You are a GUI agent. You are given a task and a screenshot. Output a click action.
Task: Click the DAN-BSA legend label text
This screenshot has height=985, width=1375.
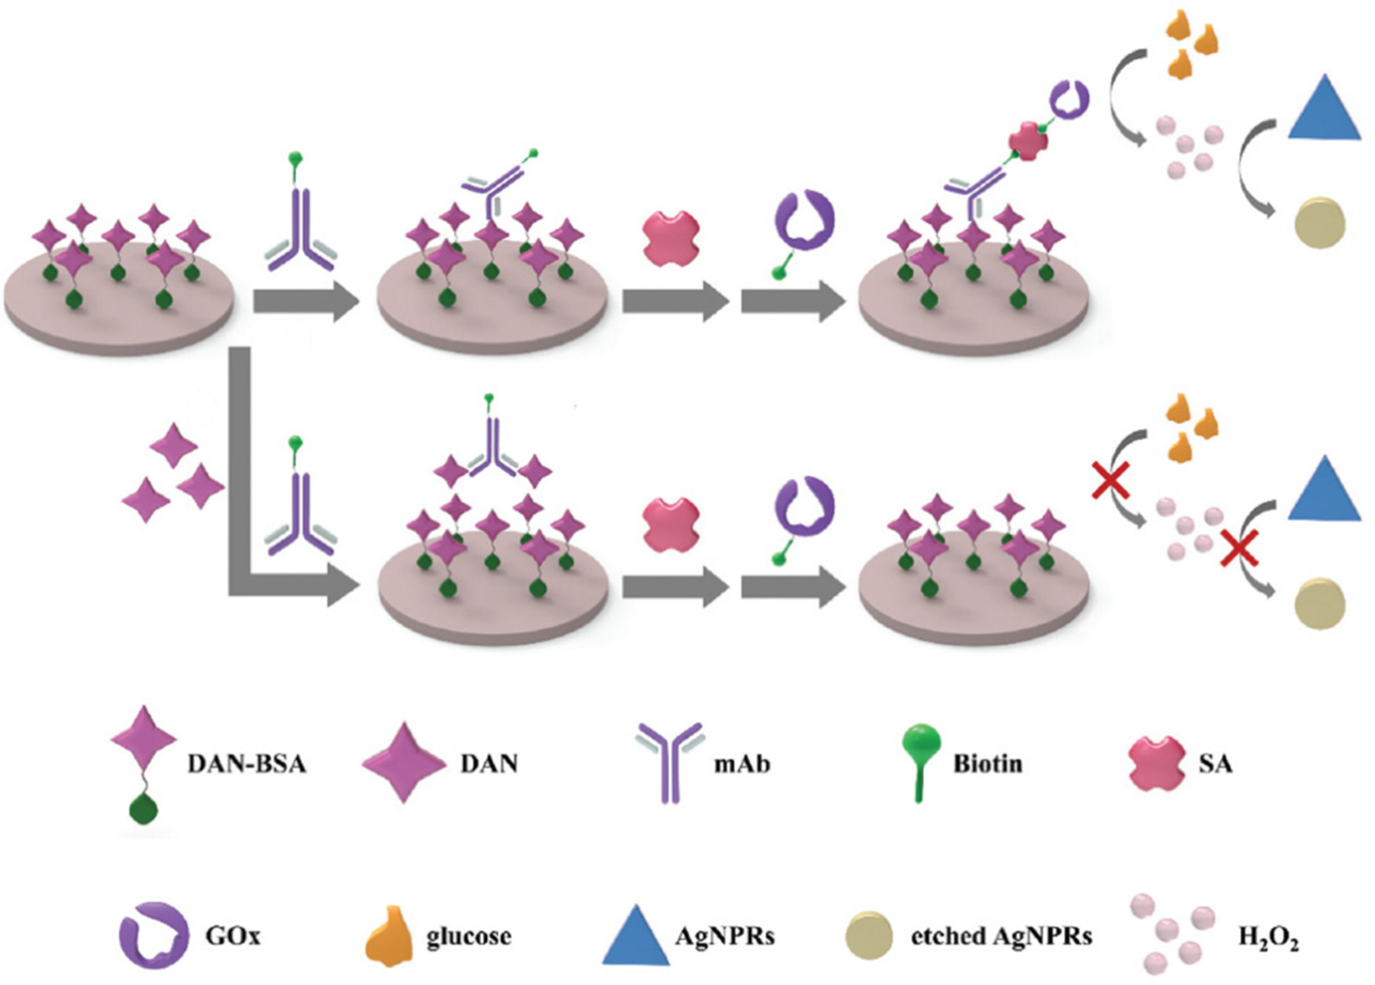click(247, 764)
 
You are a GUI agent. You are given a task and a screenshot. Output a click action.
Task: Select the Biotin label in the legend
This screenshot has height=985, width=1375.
click(988, 764)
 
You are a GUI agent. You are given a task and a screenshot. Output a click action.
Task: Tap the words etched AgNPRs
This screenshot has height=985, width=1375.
click(1002, 936)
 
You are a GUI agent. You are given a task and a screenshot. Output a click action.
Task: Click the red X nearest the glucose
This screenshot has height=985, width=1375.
click(1111, 479)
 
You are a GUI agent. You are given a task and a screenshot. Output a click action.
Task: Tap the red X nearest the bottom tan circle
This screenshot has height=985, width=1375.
click(1239, 547)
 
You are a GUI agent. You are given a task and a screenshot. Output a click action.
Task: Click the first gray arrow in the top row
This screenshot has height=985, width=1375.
click(306, 301)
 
